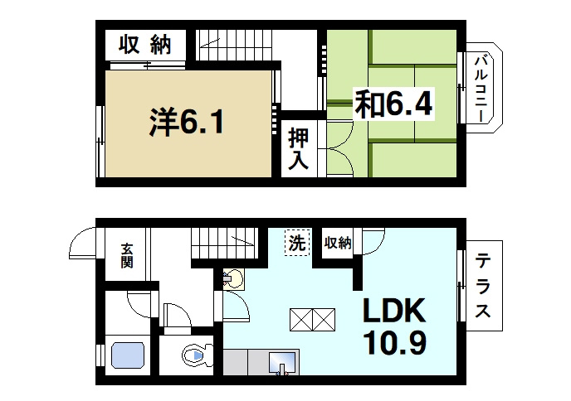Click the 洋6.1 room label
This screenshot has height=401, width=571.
[x=186, y=123]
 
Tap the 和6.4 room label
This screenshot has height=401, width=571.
[x=394, y=104]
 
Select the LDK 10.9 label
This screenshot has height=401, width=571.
[x=393, y=326]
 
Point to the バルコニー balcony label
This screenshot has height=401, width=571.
[x=481, y=87]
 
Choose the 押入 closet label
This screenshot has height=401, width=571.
[x=299, y=149]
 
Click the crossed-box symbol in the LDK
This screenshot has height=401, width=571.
[x=312, y=318]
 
